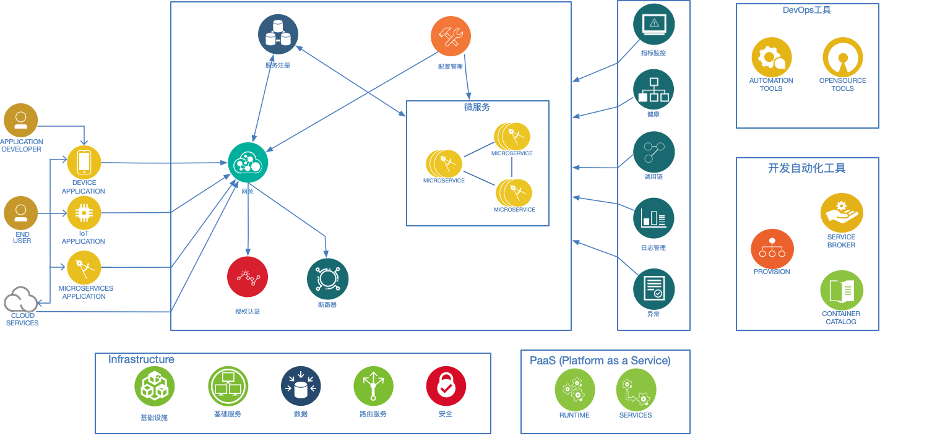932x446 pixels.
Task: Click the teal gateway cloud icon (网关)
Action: click(x=248, y=163)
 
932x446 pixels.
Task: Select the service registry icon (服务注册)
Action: click(x=278, y=35)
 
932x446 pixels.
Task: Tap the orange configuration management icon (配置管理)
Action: click(x=451, y=36)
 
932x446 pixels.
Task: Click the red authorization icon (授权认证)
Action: click(x=248, y=277)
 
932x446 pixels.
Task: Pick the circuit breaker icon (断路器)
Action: click(x=327, y=279)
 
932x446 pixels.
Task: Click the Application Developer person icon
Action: click(x=21, y=120)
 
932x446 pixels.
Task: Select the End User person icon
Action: click(x=21, y=213)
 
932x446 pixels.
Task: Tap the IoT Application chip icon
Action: click(x=84, y=213)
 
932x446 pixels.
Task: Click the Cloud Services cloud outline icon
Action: click(x=21, y=299)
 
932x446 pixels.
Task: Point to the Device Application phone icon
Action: click(x=84, y=162)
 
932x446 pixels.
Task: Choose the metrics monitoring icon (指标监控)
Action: click(x=654, y=25)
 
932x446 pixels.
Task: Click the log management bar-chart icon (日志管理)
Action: click(x=654, y=218)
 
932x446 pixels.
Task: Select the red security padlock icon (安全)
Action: click(x=446, y=386)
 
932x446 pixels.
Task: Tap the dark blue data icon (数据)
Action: click(x=301, y=386)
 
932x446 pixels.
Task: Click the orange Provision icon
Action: click(x=772, y=249)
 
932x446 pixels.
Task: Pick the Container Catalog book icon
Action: click(x=842, y=290)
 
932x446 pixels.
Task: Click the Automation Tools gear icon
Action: click(x=771, y=58)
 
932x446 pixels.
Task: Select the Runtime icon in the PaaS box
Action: click(x=575, y=390)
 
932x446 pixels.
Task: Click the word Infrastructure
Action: click(x=141, y=359)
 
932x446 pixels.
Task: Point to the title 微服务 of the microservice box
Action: click(x=477, y=107)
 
